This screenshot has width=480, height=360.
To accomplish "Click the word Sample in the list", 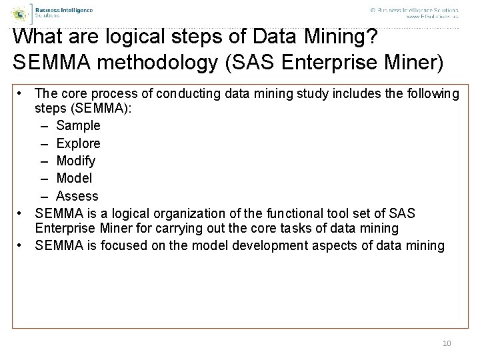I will [x=78, y=125].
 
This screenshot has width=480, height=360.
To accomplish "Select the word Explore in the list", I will [x=78, y=143].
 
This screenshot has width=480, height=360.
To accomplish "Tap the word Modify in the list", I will [x=75, y=161].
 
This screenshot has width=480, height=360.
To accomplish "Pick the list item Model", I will [x=74, y=179].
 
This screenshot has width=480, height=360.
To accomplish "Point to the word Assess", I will [x=77, y=196].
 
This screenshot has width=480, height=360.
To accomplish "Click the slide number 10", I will [x=447, y=343].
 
